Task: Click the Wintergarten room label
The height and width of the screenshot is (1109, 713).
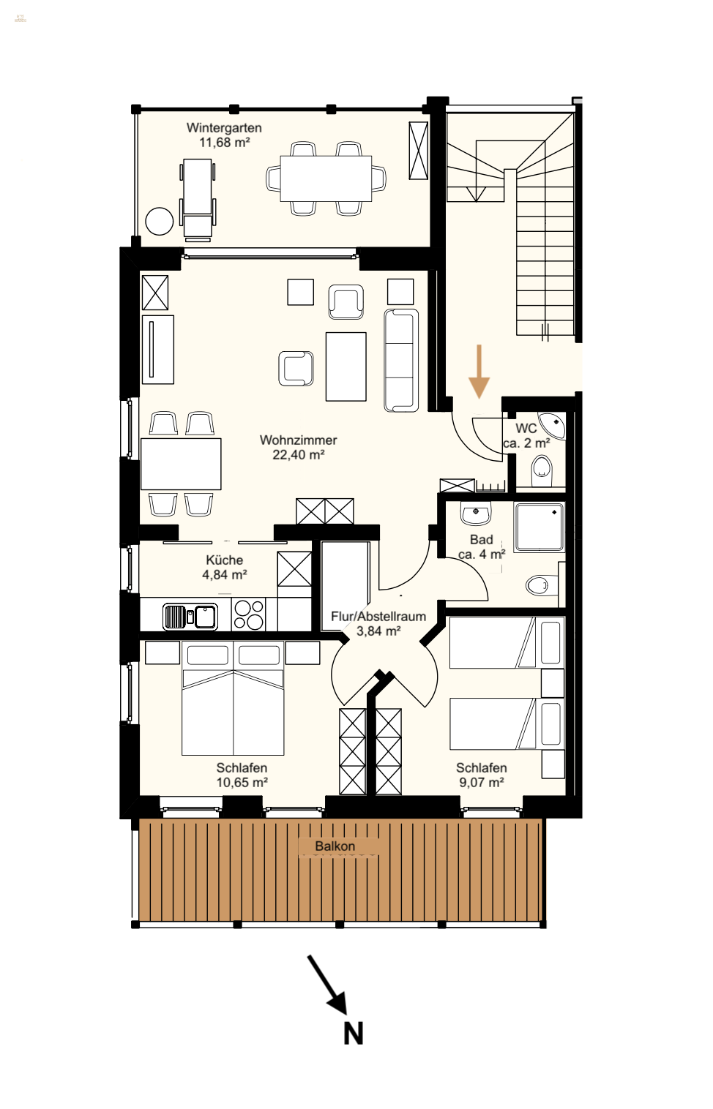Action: tap(224, 128)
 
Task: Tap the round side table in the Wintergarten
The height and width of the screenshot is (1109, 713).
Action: tap(160, 220)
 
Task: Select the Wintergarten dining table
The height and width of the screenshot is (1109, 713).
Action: tap(326, 178)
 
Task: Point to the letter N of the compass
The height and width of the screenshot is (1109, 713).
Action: tap(354, 1033)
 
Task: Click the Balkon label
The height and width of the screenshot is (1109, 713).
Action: tap(335, 846)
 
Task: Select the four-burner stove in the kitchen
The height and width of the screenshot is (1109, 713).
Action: tap(248, 614)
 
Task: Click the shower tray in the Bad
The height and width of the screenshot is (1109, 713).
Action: tap(540, 527)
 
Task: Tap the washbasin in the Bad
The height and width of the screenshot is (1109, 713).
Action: tap(476, 513)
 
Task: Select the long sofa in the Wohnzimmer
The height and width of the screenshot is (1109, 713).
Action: tap(401, 360)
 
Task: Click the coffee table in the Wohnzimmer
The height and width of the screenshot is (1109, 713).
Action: tap(346, 366)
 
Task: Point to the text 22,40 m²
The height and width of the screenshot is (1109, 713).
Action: tap(299, 455)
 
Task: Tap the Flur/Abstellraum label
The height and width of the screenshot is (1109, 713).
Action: tap(378, 617)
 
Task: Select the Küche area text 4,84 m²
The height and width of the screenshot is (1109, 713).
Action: tap(225, 575)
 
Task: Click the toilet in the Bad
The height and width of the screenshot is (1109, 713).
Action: tap(540, 585)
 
